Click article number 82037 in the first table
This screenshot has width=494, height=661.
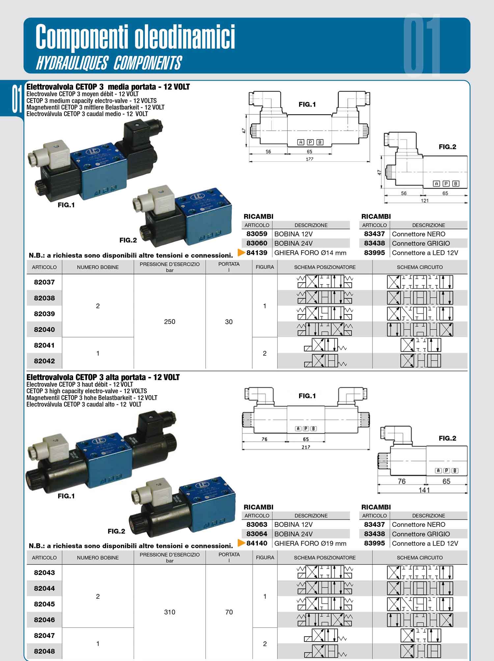44,282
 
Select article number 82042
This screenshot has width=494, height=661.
44,361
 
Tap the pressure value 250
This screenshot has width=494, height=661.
170,322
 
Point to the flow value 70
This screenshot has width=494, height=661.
229,612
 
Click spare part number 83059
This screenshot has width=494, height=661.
257,234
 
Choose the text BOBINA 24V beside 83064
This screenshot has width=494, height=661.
293,534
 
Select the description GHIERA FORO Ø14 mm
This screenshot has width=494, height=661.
310,253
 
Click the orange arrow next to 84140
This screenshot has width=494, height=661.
241,543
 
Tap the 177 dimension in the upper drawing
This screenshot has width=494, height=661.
309,159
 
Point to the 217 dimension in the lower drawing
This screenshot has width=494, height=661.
306,447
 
